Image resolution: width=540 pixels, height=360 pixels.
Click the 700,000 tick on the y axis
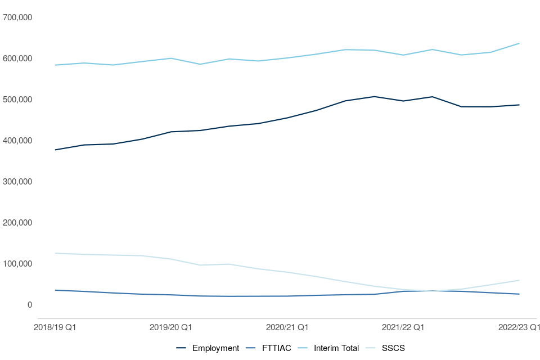tap(17, 17)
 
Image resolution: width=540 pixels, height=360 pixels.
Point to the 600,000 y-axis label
tap(17, 58)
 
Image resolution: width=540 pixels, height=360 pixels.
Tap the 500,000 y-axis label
tap(17, 100)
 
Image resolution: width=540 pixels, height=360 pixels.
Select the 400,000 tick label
tap(17, 141)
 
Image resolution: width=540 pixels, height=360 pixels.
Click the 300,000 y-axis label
tap(17, 182)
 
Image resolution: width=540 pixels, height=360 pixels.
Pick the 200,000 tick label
tap(17, 223)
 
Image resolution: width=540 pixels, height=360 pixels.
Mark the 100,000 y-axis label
tap(17, 264)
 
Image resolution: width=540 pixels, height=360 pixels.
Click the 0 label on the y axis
tap(30, 305)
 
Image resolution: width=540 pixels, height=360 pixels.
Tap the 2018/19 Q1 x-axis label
tap(55, 327)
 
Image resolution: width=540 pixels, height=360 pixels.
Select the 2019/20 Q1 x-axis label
tap(171, 327)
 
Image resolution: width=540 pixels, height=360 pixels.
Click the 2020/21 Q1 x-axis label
tap(287, 327)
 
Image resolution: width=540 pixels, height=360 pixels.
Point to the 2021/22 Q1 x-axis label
tap(403, 327)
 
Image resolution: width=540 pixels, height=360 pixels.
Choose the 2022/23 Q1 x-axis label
tap(519, 327)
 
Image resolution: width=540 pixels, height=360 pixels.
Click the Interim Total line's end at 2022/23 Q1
tap(519, 43)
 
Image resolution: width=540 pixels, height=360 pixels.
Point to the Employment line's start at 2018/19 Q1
tap(55, 150)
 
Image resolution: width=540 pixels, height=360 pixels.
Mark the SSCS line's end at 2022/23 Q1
tap(519, 280)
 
